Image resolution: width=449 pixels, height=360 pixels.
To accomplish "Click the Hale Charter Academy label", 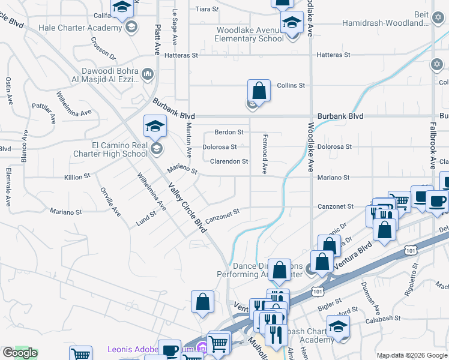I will click(80, 28).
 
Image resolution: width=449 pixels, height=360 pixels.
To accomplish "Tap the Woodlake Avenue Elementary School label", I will click(249, 34).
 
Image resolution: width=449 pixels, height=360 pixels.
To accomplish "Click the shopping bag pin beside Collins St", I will click(259, 92).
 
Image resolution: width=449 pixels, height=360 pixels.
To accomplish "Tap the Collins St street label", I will click(291, 86).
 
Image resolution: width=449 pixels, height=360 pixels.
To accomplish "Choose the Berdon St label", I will click(229, 132).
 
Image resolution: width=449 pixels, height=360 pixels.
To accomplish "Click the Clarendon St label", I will click(229, 161).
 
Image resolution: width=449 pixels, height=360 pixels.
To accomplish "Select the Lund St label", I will click(146, 222).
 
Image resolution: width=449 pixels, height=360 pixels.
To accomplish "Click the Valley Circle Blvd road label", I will click(187, 212).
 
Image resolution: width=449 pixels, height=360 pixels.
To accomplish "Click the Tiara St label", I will click(206, 9).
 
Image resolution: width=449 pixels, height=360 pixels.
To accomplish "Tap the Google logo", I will click(20, 353).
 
